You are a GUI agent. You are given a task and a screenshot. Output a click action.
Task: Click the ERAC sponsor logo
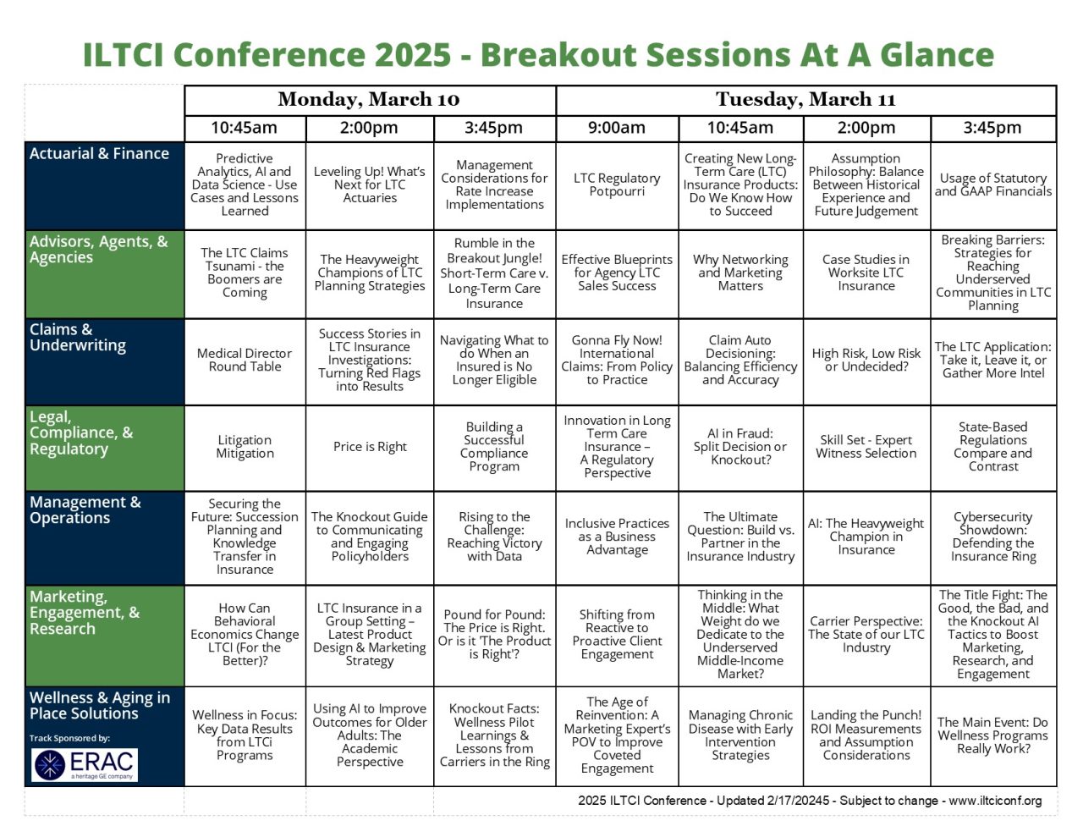click(85, 764)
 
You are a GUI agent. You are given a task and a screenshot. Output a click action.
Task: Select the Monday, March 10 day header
click(369, 100)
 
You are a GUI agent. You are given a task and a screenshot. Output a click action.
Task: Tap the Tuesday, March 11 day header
click(805, 100)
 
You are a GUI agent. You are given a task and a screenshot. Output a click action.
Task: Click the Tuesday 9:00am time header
click(617, 129)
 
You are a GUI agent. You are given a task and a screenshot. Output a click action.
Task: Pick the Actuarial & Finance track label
click(99, 154)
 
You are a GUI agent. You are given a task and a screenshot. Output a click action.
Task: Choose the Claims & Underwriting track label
click(78, 338)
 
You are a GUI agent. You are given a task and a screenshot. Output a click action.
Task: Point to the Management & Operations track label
click(85, 510)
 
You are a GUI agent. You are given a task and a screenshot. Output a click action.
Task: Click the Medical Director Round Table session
click(245, 361)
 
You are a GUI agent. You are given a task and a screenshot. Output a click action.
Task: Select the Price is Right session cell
click(370, 447)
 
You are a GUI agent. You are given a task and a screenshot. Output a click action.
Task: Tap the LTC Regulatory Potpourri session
click(617, 184)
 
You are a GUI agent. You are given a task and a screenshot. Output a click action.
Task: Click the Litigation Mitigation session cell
click(245, 447)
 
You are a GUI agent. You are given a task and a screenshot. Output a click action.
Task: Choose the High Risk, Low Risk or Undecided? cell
click(866, 361)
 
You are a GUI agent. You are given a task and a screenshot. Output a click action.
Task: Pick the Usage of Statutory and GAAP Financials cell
click(993, 184)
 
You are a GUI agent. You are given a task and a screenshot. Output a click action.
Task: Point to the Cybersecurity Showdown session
click(993, 537)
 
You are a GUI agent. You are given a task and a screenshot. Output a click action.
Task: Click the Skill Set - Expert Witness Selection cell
click(866, 447)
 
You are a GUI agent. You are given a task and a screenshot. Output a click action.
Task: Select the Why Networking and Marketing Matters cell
click(740, 273)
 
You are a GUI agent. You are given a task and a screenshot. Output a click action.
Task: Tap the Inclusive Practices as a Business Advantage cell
click(617, 537)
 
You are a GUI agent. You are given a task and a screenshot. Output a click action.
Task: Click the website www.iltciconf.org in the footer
click(995, 801)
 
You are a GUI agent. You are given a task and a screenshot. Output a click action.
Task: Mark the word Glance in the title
click(937, 55)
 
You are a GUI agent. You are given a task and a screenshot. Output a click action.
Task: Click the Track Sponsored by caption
click(69, 738)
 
